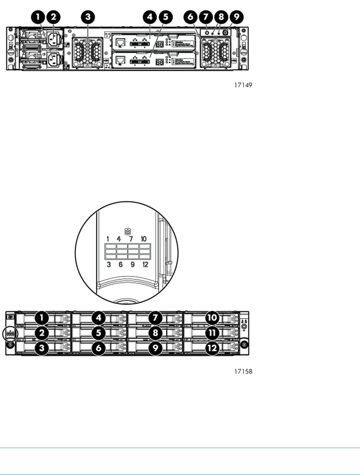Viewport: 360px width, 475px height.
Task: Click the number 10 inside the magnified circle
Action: pos(145,239)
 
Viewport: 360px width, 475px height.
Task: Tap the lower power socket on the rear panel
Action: pos(54,59)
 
